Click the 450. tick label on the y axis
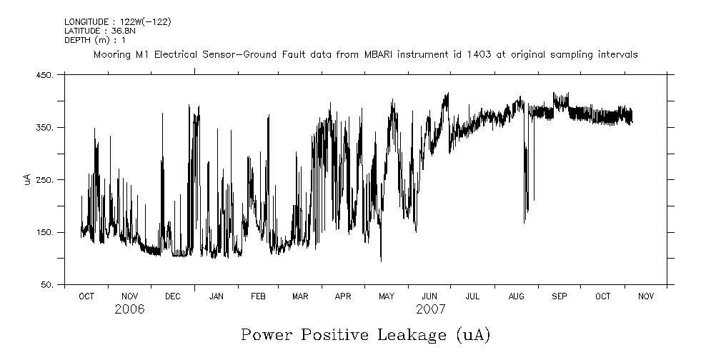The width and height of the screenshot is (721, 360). pyautogui.click(x=44, y=75)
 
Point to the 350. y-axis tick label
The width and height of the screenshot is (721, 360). pyautogui.click(x=44, y=127)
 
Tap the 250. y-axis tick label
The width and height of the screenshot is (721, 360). pyautogui.click(x=44, y=180)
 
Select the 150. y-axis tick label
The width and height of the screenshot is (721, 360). pyautogui.click(x=44, y=232)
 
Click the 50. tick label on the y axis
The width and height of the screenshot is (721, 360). pyautogui.click(x=46, y=285)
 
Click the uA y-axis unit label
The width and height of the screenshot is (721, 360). pyautogui.click(x=27, y=179)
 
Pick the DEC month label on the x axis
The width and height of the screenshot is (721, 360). pyautogui.click(x=172, y=296)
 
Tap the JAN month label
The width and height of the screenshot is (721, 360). pyautogui.click(x=215, y=296)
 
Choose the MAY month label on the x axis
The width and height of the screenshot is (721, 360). pyautogui.click(x=387, y=296)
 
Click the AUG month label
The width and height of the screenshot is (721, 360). pyautogui.click(x=516, y=296)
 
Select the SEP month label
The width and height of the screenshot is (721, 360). pyautogui.click(x=559, y=296)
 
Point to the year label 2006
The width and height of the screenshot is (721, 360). pyautogui.click(x=129, y=309)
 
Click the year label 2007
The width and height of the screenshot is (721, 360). pyautogui.click(x=430, y=309)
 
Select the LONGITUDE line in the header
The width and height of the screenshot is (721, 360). pyautogui.click(x=117, y=22)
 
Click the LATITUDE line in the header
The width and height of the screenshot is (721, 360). pyautogui.click(x=99, y=31)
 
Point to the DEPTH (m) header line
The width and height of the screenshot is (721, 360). pyautogui.click(x=94, y=40)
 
